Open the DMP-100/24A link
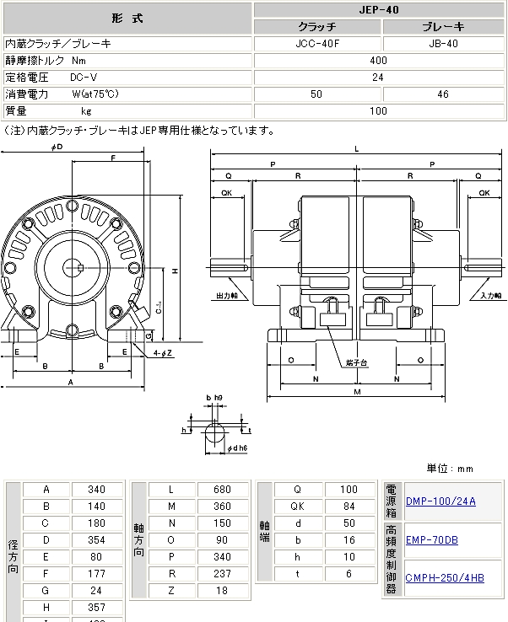[x=440, y=501]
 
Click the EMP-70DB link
[x=432, y=539]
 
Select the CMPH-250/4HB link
[x=445, y=577]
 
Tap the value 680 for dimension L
[x=224, y=489]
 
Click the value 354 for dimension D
[x=96, y=539]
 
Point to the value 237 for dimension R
[x=224, y=574]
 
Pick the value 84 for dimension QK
[x=348, y=506]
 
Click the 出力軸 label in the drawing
[x=227, y=296]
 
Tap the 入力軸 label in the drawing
[x=492, y=296]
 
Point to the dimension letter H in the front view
[x=175, y=271]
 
